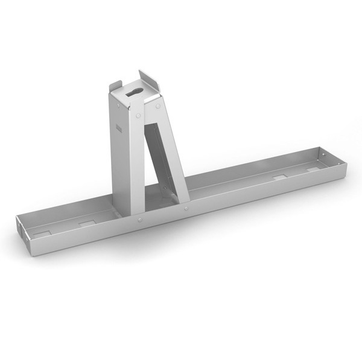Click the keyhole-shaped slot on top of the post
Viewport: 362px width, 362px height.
click(134, 92)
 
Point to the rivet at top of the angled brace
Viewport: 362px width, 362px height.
click(157, 107)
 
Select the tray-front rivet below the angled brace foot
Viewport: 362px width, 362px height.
click(186, 208)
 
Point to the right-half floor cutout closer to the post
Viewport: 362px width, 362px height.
click(280, 177)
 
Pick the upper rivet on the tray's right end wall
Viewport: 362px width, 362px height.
click(326, 156)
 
